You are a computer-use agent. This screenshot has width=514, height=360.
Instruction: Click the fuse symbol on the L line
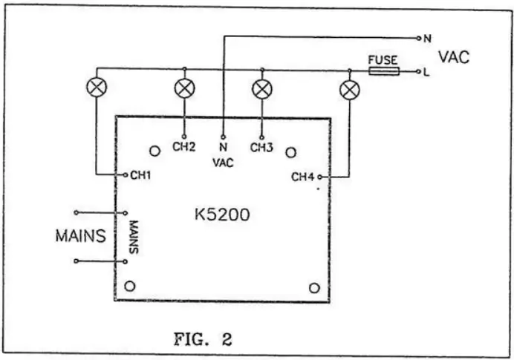pos(383,71)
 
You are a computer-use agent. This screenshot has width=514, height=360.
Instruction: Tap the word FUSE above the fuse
pos(383,59)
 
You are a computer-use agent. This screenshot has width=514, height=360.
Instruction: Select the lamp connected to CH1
pos(96,88)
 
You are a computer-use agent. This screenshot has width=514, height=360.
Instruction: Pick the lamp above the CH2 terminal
pos(183,88)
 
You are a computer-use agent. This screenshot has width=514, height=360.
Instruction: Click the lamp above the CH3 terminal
pos(261,89)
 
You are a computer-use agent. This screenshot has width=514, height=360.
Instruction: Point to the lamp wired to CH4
pos(348,91)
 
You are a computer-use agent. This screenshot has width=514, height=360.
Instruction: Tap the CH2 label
pos(184,147)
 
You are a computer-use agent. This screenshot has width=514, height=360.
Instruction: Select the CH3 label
pos(261,147)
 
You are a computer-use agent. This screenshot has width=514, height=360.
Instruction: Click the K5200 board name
pos(222,216)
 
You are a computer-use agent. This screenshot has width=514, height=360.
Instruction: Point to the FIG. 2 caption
pos(202,340)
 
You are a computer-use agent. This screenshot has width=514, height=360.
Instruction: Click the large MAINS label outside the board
pos(81,237)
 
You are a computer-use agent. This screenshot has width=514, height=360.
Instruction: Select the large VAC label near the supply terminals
pos(453,57)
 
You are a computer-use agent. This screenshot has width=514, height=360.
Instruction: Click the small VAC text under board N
pos(224,163)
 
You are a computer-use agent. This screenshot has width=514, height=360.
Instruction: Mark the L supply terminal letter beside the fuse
pos(426,72)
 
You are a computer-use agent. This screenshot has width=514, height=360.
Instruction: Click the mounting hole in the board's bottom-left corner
pos(131,286)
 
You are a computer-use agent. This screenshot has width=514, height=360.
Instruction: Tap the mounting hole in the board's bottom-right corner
pos(314,287)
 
